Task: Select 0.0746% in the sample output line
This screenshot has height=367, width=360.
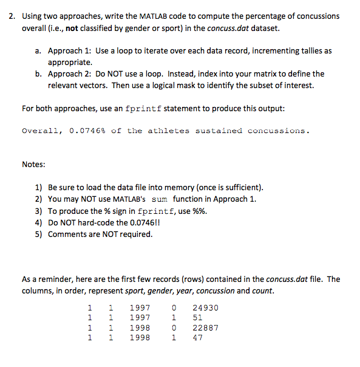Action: coord(89,131)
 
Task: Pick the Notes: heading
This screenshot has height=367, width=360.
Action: coord(35,163)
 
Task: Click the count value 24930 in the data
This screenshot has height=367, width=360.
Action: coord(205,308)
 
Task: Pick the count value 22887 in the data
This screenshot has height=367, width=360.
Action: coord(205,328)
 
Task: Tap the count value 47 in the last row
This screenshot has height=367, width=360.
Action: coord(197,337)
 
